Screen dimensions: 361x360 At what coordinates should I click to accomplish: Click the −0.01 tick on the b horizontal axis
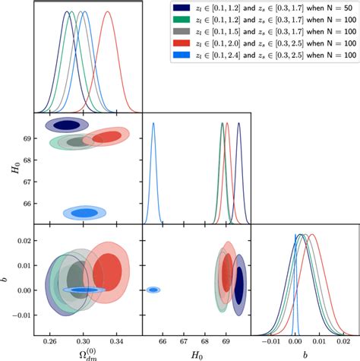[269, 343]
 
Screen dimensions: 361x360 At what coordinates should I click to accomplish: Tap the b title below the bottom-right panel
[305, 354]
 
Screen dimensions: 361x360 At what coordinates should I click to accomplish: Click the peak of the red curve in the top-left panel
[107, 11]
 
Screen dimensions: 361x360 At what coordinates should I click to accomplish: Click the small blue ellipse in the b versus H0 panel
[153, 290]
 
